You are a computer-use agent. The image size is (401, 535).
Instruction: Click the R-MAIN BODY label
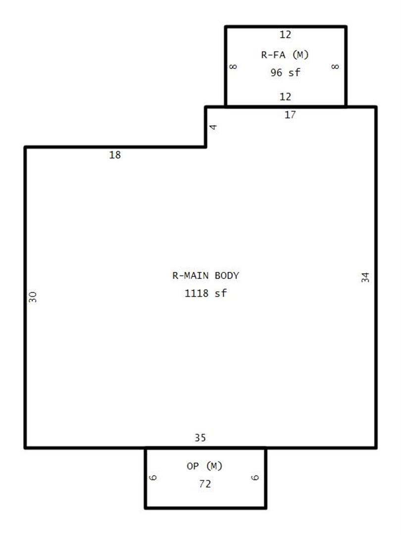[205, 275]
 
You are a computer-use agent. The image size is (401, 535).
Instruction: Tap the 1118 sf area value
[205, 293]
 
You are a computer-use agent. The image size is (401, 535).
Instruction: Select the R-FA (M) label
[285, 54]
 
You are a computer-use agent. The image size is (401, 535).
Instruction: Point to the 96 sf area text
[286, 72]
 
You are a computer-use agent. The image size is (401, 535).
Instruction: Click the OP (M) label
[204, 466]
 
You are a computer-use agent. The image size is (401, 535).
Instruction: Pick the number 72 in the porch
[205, 483]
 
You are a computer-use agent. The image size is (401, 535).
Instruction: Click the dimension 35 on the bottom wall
[200, 437]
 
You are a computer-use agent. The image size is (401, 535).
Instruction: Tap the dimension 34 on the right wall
[365, 277]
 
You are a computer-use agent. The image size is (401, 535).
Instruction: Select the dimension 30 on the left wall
[32, 297]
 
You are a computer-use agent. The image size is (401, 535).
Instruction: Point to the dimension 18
[115, 155]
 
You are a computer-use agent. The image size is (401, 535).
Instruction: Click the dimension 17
[290, 114]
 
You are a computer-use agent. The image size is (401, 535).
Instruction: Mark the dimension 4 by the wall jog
[213, 127]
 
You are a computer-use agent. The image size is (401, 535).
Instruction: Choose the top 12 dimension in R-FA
[286, 35]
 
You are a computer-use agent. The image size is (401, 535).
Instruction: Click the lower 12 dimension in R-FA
[286, 97]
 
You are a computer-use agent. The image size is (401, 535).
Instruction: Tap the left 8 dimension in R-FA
[233, 66]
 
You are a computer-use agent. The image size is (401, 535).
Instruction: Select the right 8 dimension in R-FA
[336, 66]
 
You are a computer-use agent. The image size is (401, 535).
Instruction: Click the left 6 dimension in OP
[153, 478]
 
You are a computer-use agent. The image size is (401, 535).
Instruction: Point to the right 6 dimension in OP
[255, 478]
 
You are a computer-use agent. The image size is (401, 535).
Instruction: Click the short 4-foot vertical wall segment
[205, 127]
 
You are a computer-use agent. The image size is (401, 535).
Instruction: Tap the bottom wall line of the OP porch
[205, 508]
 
